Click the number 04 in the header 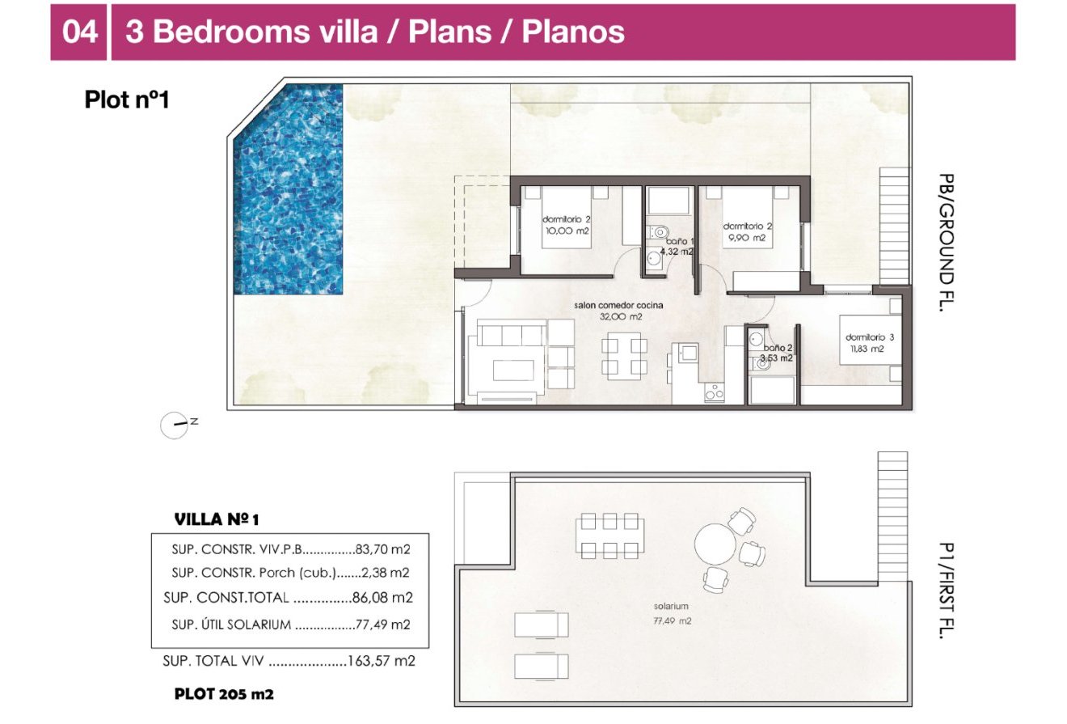click(79, 32)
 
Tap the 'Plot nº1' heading click(126, 99)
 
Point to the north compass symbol click(175, 424)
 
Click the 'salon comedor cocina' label click(618, 305)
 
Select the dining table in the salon click(624, 356)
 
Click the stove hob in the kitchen click(714, 392)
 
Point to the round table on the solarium click(717, 544)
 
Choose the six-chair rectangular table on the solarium click(610, 535)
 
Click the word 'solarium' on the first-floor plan click(671, 606)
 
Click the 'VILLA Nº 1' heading click(217, 519)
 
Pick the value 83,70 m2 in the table click(383, 549)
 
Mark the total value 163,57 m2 click(381, 661)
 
